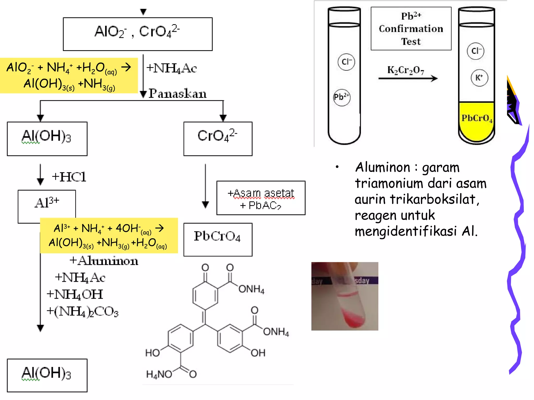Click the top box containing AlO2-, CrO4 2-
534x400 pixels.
click(137, 34)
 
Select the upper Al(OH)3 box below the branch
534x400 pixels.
click(47, 139)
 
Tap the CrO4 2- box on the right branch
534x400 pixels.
click(218, 139)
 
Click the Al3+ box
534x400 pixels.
click(47, 203)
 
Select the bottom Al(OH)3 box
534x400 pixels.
click(47, 375)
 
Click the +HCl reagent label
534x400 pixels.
click(69, 177)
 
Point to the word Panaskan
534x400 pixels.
click(177, 93)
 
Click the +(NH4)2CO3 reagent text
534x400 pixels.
click(82, 311)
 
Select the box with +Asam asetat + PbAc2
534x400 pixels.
click(261, 198)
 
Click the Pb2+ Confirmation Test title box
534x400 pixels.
click(411, 29)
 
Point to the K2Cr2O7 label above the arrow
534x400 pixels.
click(405, 70)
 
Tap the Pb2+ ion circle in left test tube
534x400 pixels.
click(342, 97)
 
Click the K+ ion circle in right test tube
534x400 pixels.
click(479, 78)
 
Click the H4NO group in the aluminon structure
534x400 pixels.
click(159, 374)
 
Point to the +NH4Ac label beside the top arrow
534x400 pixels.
click(171, 68)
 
